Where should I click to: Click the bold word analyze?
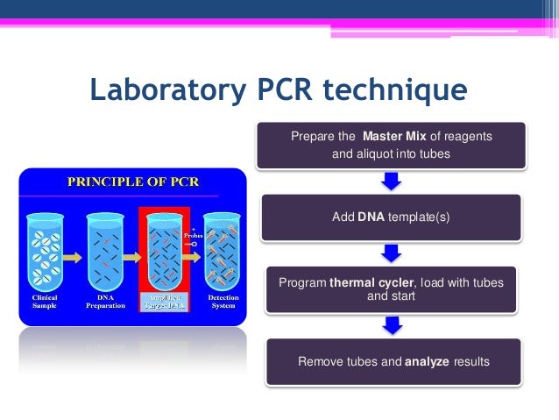427,361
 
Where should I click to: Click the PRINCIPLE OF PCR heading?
134,182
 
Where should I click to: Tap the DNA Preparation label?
105,302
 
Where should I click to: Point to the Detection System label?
223,302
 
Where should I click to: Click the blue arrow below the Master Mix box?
392,181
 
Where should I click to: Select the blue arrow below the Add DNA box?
392,253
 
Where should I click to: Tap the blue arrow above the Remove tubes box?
392,325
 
